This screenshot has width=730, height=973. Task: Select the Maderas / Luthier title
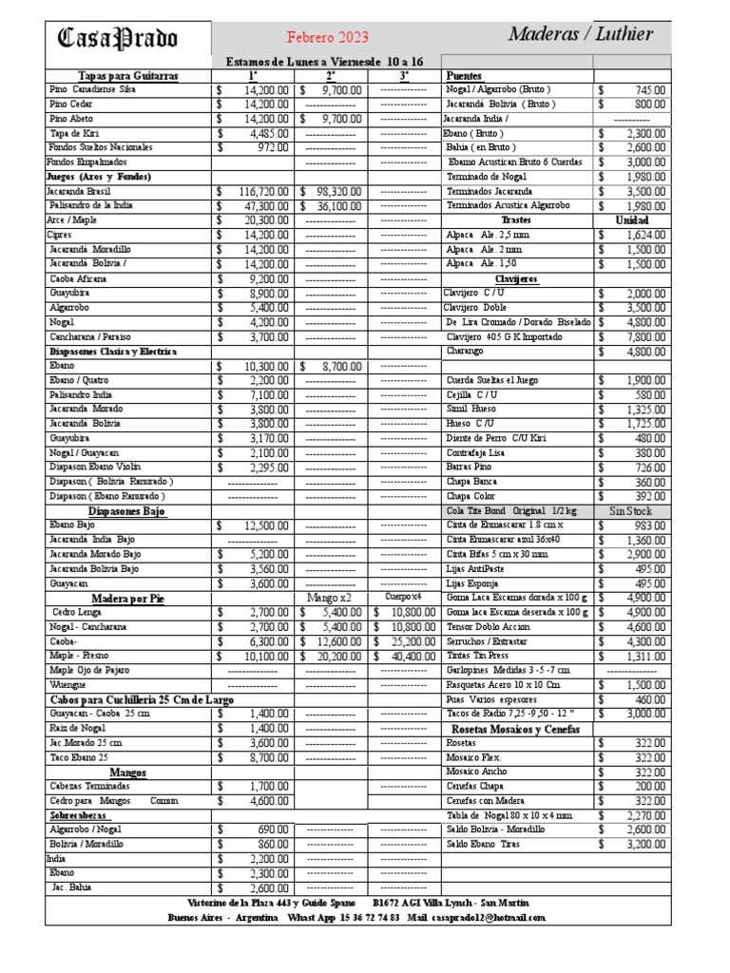(x=580, y=35)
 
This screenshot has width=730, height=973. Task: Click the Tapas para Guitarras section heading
(x=127, y=75)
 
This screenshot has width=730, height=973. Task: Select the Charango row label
(x=466, y=352)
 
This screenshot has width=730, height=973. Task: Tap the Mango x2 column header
(x=330, y=598)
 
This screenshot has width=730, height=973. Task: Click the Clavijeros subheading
(x=517, y=279)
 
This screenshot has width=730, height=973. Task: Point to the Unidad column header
(x=631, y=220)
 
